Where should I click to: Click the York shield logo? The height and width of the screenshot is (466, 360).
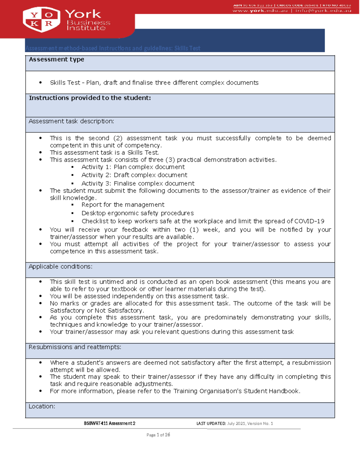[41, 20]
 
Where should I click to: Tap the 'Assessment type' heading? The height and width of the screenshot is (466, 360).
[56, 59]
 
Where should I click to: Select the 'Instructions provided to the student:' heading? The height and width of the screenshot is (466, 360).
[90, 98]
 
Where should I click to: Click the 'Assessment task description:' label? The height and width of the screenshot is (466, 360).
[71, 121]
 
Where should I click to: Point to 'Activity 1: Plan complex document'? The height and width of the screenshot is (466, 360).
[133, 167]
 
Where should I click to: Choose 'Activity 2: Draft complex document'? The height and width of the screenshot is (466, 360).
[134, 175]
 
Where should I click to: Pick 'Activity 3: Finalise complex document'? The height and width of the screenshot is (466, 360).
[138, 183]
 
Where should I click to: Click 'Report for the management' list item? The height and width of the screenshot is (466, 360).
[123, 205]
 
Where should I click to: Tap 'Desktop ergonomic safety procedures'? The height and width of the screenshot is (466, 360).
[137, 213]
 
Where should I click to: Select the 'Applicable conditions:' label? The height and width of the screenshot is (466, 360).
[60, 266]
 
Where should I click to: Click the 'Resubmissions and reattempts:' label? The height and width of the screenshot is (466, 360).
[75, 347]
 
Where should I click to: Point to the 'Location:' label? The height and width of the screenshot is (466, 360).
[42, 406]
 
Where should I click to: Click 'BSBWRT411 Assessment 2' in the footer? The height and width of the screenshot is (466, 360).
[109, 423]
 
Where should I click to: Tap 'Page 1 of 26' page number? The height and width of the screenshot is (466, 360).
[158, 435]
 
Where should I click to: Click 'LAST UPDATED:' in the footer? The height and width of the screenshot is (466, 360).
[211, 423]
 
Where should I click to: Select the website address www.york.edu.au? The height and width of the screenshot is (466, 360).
[260, 11]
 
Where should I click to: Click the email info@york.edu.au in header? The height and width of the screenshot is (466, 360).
[323, 11]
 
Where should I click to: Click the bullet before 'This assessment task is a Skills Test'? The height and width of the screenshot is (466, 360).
[40, 152]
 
